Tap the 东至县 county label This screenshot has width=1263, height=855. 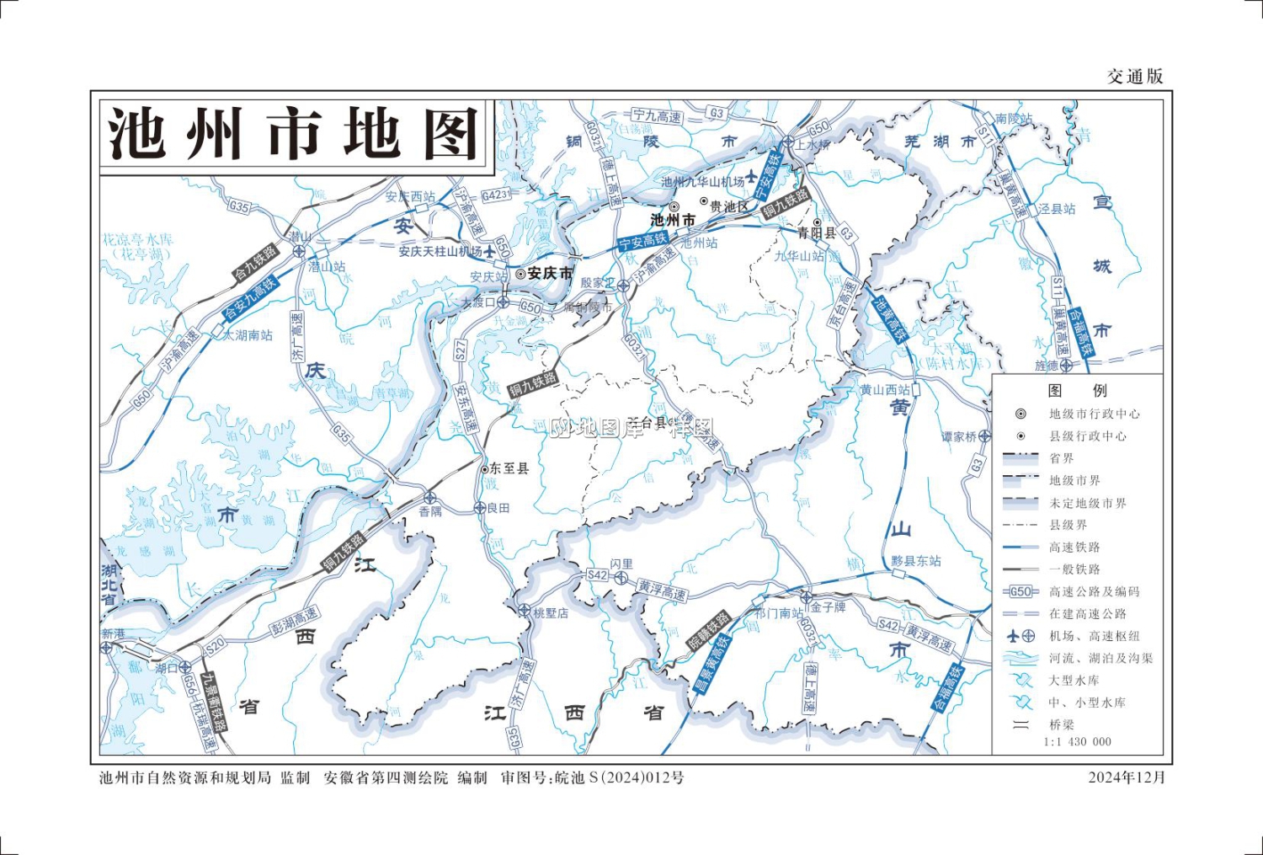[509, 468]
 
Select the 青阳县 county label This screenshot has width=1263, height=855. [816, 233]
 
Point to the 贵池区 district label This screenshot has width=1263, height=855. [728, 206]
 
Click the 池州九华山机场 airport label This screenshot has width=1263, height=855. [702, 181]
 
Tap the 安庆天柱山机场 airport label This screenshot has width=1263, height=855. [440, 251]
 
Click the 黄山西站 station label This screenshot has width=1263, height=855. [884, 390]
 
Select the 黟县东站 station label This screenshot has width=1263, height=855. [916, 561]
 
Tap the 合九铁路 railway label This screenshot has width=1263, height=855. [255, 262]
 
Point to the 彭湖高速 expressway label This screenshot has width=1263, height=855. [294, 621]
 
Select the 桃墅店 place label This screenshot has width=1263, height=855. [551, 613]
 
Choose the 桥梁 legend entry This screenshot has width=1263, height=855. [1061, 724]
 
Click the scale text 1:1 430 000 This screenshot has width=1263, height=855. [1077, 742]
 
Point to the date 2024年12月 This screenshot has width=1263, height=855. [1127, 778]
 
